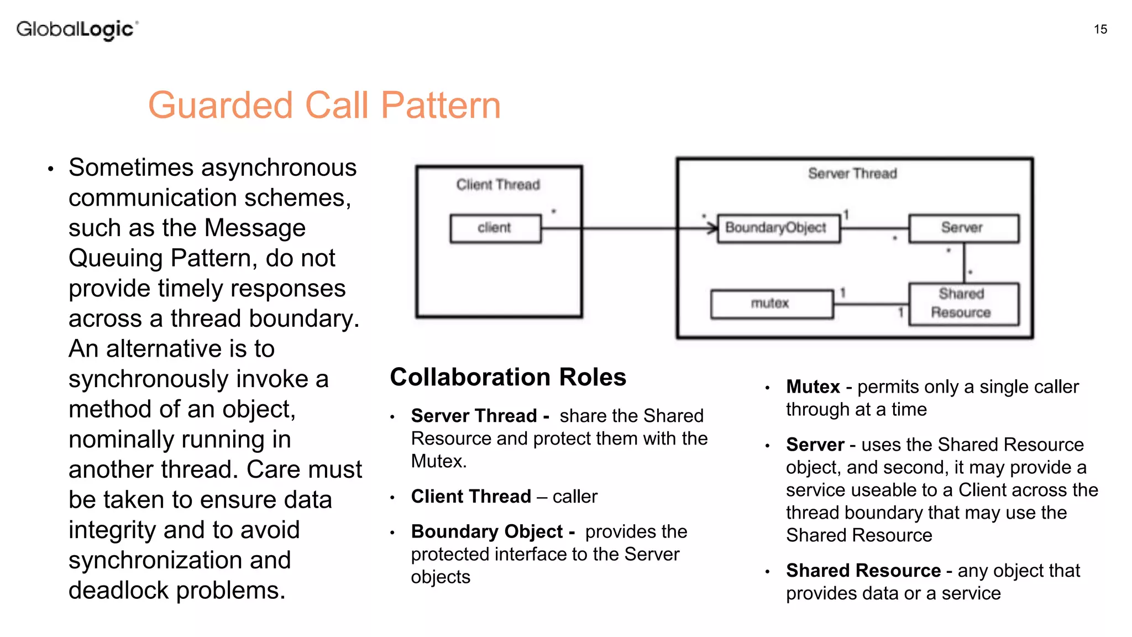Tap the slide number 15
click(1100, 29)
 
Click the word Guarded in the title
click(220, 105)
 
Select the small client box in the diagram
click(495, 228)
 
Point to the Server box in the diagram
click(963, 228)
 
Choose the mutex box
click(772, 304)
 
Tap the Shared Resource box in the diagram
click(963, 304)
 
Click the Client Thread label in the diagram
click(497, 185)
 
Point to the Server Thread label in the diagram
click(852, 174)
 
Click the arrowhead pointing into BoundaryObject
click(713, 228)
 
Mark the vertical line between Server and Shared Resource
click(964, 263)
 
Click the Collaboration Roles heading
click(507, 377)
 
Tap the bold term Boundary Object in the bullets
click(486, 531)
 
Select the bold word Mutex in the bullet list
click(813, 387)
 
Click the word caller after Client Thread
click(575, 497)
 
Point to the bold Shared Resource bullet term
click(863, 570)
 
